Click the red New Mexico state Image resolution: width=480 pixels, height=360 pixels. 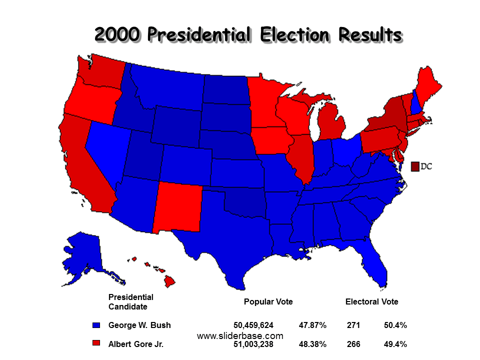(177, 207)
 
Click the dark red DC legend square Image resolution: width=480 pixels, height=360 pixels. (414, 166)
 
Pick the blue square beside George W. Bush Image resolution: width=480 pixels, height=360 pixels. (96, 325)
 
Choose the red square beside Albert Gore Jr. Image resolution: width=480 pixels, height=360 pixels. (96, 344)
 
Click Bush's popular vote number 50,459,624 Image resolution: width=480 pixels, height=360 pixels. (253, 325)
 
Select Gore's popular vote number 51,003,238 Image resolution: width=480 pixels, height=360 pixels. (253, 344)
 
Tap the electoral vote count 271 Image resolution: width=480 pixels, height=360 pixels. (353, 325)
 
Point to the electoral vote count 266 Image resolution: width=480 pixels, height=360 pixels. (353, 344)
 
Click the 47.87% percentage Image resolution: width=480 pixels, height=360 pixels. (312, 325)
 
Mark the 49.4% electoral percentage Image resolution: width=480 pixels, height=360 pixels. (395, 344)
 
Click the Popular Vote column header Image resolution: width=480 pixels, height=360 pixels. (268, 302)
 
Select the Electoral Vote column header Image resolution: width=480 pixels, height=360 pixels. (372, 302)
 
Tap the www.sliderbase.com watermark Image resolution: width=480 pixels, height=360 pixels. (240, 336)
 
